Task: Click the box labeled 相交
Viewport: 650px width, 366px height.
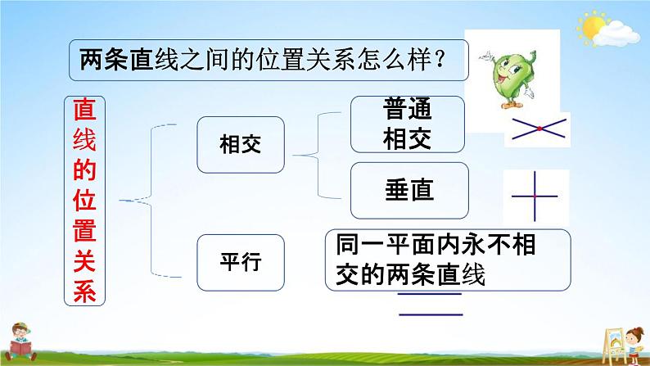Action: (241, 145)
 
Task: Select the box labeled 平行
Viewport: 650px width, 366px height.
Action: (241, 262)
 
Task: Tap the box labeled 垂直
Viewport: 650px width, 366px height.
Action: (409, 191)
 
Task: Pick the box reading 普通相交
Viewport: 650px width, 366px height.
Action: (408, 124)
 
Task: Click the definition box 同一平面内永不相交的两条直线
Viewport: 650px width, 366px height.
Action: (448, 260)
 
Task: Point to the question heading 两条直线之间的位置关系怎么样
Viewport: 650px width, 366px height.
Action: (269, 60)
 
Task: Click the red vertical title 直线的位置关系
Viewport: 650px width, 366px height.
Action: (84, 201)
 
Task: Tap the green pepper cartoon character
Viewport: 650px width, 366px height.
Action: (508, 79)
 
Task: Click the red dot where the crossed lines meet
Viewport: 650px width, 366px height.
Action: (539, 129)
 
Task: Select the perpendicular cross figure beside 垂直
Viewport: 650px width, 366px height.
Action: (535, 196)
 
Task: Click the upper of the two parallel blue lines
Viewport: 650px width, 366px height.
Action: (430, 294)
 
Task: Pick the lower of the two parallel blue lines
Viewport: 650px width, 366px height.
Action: (431, 314)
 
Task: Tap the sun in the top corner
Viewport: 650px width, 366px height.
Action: (592, 25)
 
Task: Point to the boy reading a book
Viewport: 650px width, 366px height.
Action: (20, 342)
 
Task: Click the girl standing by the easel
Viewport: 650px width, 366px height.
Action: (634, 345)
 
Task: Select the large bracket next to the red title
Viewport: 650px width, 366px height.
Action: (151, 201)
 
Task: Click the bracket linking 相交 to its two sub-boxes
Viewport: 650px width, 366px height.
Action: (318, 156)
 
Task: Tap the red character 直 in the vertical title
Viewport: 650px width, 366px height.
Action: (84, 110)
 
